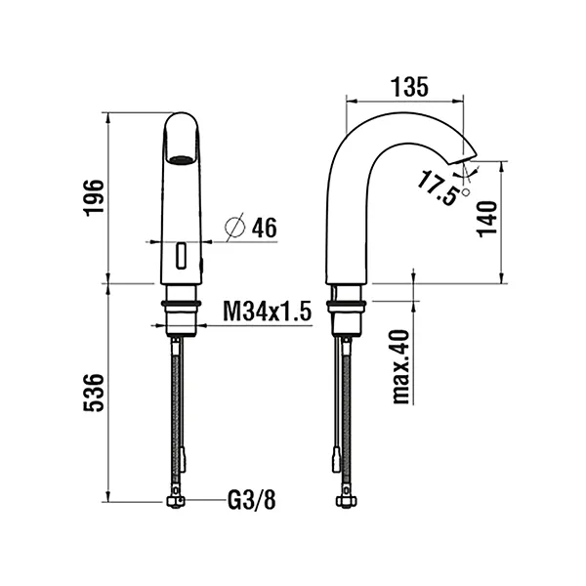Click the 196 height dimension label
(94, 198)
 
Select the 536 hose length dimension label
(94, 394)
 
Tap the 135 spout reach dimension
(408, 86)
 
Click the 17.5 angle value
(437, 187)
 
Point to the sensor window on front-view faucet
(181, 257)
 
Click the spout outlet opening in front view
(181, 155)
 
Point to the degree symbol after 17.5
(466, 193)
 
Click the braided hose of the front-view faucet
(177, 400)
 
